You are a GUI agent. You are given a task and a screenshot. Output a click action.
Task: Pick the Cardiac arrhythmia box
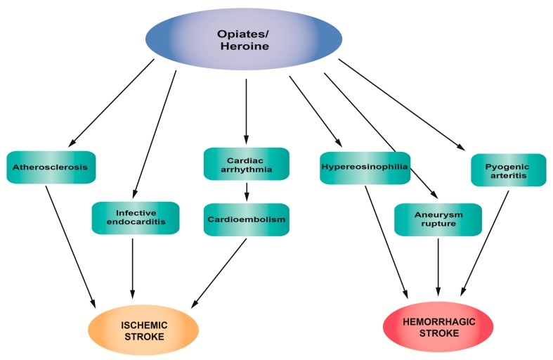(x=246, y=164)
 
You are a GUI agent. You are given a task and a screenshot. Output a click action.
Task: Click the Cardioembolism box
(x=246, y=219)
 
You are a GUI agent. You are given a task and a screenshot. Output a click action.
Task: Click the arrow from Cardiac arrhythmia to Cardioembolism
(x=246, y=192)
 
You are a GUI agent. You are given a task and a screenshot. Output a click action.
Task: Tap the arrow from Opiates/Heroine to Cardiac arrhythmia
(x=246, y=109)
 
